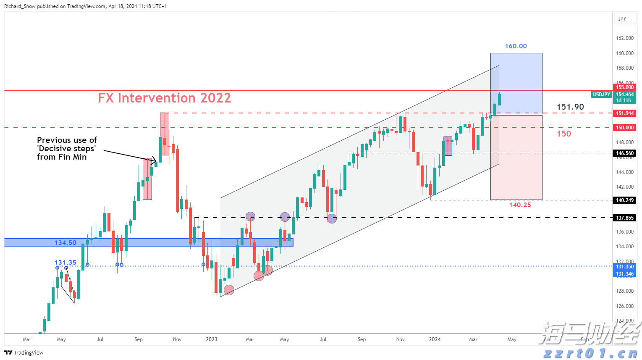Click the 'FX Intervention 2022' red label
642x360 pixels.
coord(164,98)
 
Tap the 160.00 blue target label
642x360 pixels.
coord(516,46)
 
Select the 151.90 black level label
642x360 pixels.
coord(570,107)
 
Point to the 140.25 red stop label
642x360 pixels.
coord(520,205)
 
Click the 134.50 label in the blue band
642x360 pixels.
coord(66,243)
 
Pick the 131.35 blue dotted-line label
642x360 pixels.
coord(66,263)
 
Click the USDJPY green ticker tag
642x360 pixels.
coord(601,95)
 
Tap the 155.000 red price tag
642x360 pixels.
coord(625,87)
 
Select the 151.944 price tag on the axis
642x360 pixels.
coord(625,113)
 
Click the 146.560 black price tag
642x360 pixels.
coord(625,153)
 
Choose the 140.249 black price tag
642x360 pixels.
coord(625,200)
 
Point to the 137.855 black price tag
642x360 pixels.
coord(625,218)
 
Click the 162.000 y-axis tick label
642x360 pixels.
coord(624,38)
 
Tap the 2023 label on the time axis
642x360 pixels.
coord(212,339)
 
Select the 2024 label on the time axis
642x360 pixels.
coord(435,339)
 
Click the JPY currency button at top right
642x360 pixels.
coord(622,19)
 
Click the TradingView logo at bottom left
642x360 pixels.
coord(24,352)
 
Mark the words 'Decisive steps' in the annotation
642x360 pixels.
coord(67,149)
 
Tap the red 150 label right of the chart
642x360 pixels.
coord(564,134)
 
